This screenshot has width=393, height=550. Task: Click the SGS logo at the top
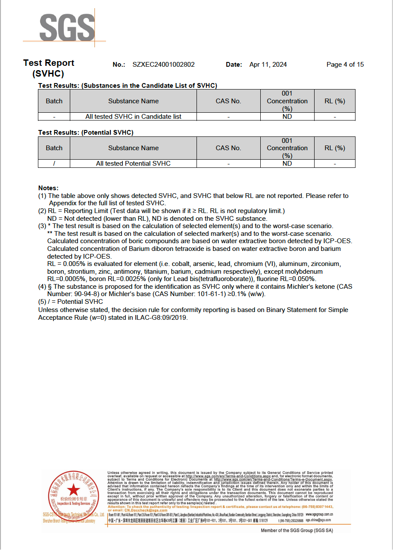(67, 27)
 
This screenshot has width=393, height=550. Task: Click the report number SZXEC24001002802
(164, 65)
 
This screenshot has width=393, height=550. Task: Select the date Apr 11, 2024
(268, 65)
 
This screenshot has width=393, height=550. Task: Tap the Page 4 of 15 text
(345, 65)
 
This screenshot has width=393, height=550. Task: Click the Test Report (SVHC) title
(49, 68)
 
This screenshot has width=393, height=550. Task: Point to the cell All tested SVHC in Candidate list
(133, 117)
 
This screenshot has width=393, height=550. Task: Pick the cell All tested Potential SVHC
(133, 164)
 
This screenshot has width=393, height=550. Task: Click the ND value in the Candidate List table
(287, 117)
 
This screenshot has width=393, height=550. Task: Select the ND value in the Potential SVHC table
(287, 164)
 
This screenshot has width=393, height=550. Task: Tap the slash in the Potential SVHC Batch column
(54, 164)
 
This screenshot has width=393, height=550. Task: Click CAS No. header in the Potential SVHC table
(228, 148)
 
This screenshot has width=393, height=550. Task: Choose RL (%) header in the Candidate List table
(335, 101)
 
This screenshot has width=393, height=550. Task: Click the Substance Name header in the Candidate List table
(133, 101)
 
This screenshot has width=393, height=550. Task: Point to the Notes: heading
(48, 188)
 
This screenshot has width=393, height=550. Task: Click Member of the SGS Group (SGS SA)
(297, 531)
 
